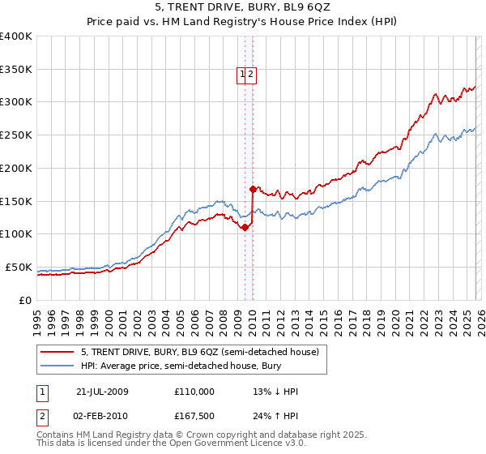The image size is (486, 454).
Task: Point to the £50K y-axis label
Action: [x=19, y=267]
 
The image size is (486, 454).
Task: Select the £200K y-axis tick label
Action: [x=16, y=168]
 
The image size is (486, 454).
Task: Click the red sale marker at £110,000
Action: [x=245, y=227]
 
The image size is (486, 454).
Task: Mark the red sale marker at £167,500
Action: [x=253, y=189]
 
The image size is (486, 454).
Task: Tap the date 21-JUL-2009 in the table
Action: [x=102, y=392]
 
